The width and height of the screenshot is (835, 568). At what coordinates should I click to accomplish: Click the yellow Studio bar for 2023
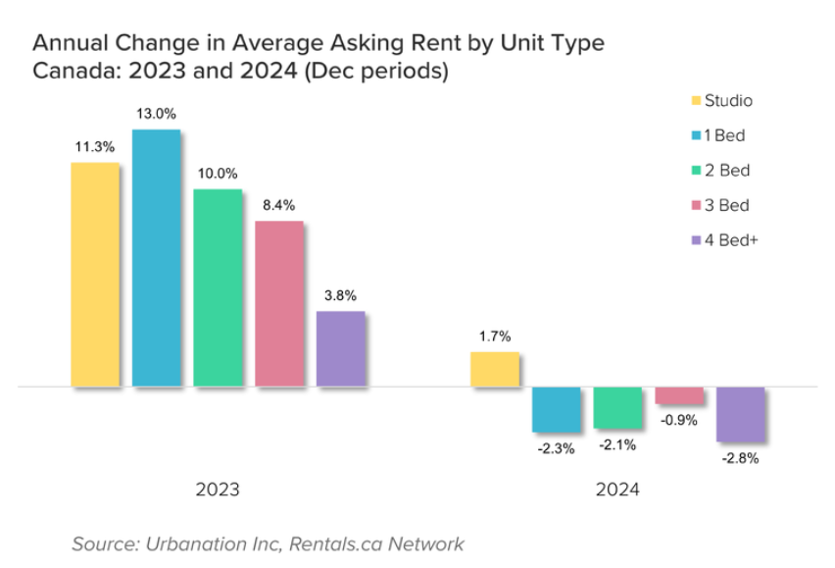tap(95, 275)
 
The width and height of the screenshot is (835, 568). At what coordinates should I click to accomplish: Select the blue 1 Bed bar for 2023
tap(157, 258)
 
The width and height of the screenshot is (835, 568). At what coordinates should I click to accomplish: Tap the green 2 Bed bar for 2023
tap(218, 287)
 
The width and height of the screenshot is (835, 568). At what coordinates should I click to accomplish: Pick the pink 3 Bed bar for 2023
tap(279, 304)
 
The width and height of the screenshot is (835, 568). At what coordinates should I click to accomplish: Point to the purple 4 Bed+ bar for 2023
tap(341, 348)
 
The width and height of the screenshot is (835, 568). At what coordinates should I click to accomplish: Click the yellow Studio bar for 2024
tap(495, 369)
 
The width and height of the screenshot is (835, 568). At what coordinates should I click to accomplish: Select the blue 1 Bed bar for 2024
tap(557, 409)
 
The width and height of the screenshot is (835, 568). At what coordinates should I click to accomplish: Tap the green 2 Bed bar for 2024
tap(617, 408)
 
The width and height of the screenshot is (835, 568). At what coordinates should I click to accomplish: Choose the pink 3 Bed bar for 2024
tap(679, 395)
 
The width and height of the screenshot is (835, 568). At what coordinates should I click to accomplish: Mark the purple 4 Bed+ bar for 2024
tap(741, 415)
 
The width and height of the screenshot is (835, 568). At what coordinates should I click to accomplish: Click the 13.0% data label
tap(156, 114)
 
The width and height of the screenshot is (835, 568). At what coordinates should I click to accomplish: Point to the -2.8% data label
tap(740, 458)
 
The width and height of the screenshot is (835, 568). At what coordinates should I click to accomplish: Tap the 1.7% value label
tap(495, 336)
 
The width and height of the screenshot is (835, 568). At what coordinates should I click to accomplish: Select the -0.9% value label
tap(679, 421)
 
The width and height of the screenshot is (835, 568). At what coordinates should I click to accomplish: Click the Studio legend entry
tap(722, 101)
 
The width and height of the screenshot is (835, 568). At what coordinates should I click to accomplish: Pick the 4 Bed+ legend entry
tap(724, 240)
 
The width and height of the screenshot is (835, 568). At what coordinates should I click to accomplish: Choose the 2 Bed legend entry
tap(720, 171)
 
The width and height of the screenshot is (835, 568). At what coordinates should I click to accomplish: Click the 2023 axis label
tap(218, 490)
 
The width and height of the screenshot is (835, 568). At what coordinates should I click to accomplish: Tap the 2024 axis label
tap(617, 490)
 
